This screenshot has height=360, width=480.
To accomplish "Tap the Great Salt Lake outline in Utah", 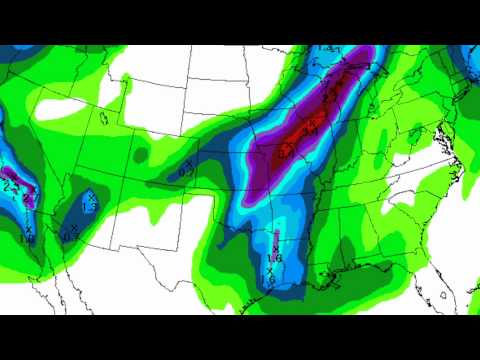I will pos(103,116).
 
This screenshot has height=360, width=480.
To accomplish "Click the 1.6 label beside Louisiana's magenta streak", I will pos(276,257).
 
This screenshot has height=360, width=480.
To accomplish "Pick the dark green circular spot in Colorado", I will pos(140,156).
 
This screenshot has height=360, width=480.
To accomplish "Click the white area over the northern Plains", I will pos(220,90).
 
